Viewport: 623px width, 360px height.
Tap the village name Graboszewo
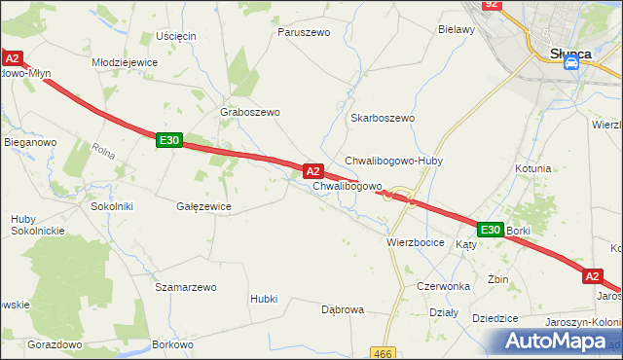[x=251, y=112]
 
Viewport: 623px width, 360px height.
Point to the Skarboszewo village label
[x=383, y=118]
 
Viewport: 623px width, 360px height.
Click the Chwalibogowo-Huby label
[x=393, y=161]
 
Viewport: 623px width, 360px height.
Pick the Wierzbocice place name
[x=416, y=241]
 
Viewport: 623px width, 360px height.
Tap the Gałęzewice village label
[x=203, y=206]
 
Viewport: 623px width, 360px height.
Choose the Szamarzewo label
[x=185, y=288]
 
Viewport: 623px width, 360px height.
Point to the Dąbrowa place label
[x=343, y=309]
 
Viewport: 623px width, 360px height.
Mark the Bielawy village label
[x=457, y=29]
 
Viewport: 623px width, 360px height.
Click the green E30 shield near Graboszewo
[x=168, y=141]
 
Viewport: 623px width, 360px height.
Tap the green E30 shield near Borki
[x=490, y=230]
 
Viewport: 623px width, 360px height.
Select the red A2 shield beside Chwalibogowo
[x=313, y=170]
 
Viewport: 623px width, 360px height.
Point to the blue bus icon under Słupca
[x=572, y=64]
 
